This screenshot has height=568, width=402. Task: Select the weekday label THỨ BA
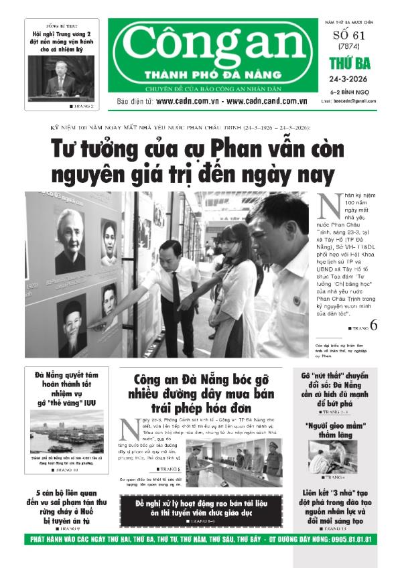(x=346, y=64)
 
